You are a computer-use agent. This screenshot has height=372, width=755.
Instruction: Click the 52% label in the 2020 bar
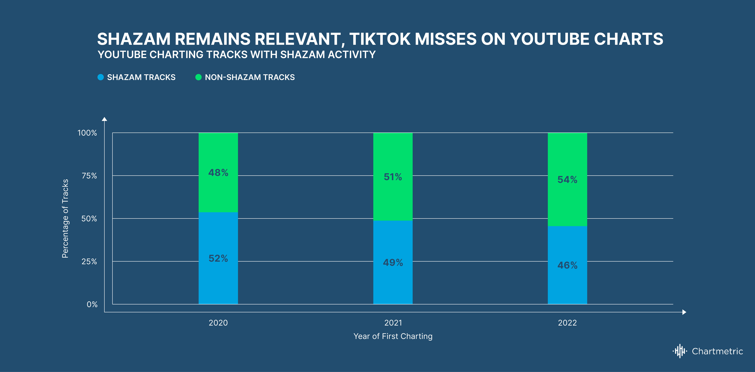point(218,258)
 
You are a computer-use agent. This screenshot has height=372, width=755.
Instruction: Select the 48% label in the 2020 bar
point(218,172)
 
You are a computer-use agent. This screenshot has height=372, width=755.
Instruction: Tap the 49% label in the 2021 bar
point(393,262)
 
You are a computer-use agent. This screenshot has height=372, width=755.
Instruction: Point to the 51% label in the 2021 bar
point(393,177)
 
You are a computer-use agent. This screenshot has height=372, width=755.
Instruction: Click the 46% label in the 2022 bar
point(567,265)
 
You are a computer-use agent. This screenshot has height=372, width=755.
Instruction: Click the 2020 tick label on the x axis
point(218,323)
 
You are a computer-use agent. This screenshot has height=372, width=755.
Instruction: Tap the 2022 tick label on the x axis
point(567,323)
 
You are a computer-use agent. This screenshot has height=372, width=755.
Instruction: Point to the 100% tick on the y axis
point(87,133)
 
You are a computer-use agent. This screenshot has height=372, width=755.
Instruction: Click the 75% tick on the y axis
point(89,176)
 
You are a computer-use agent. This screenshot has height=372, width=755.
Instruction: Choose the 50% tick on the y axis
point(89,219)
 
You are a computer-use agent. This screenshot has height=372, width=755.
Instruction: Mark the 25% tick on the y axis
point(89,261)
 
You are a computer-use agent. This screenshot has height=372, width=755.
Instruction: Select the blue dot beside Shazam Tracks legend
point(101,77)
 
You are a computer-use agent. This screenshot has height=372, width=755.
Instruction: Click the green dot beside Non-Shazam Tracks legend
point(198,77)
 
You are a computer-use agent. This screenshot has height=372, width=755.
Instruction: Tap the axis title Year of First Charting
point(393,336)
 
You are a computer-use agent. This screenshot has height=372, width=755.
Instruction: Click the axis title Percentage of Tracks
point(65,219)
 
